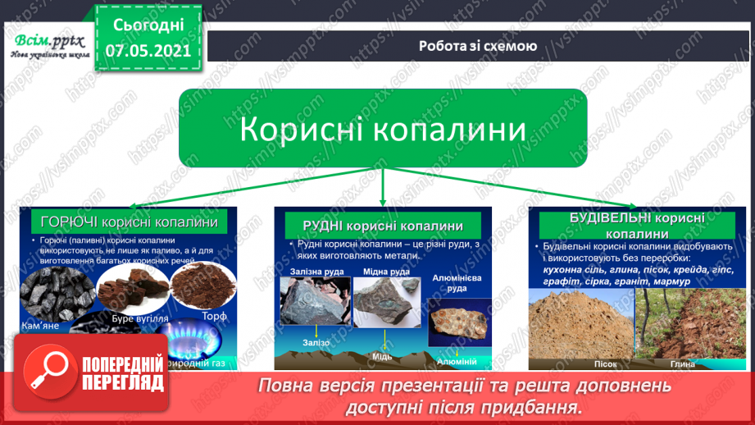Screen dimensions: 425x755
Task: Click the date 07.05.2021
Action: [x=148, y=50]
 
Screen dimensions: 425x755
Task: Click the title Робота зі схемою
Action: [x=478, y=46]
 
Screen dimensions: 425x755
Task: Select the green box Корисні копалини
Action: [x=383, y=129]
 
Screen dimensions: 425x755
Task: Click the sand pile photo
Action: [x=580, y=323]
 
